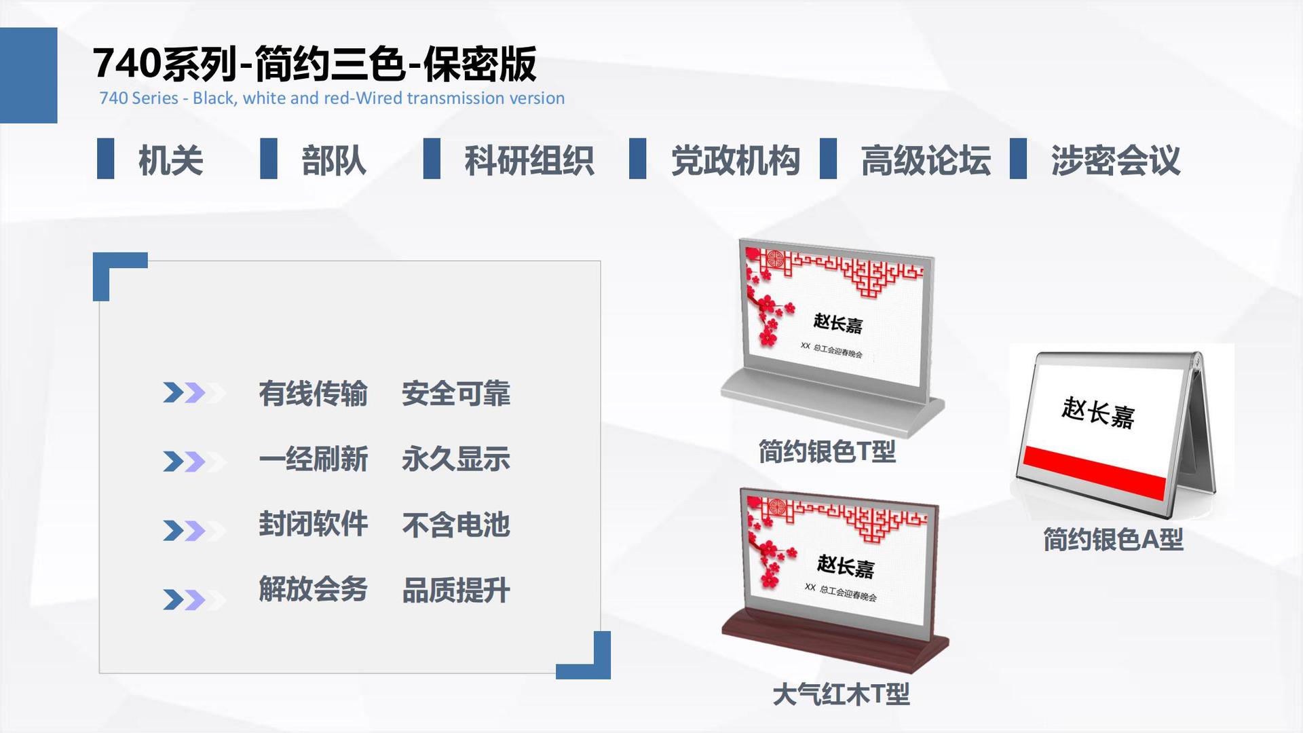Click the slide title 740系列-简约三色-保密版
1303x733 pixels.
(x=314, y=64)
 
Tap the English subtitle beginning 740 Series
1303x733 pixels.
(x=332, y=98)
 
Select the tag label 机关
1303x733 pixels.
(x=170, y=160)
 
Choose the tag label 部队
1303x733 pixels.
(x=334, y=160)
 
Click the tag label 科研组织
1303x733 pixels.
(x=529, y=160)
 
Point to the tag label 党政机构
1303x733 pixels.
(x=736, y=160)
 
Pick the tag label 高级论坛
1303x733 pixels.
(x=926, y=160)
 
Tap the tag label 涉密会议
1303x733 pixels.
(x=1116, y=160)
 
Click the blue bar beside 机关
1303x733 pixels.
(x=105, y=159)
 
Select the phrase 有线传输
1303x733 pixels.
(x=313, y=394)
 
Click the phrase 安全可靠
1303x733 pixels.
(x=456, y=394)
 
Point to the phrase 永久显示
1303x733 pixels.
(x=456, y=459)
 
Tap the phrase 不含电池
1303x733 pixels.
(x=456, y=525)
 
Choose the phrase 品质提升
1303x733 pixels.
(x=456, y=590)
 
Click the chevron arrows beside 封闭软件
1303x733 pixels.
(x=194, y=530)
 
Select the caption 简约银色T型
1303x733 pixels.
(x=827, y=451)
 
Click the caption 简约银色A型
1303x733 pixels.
(x=1113, y=540)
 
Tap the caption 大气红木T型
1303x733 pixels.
(x=841, y=694)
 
